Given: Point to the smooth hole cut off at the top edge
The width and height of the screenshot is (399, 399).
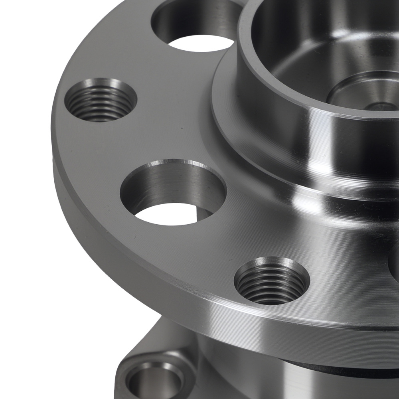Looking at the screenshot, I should pyautogui.click(x=196, y=24).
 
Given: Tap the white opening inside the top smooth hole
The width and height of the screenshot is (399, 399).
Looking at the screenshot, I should pyautogui.click(x=199, y=43).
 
